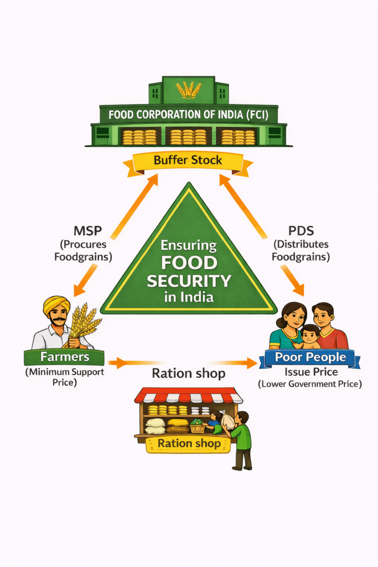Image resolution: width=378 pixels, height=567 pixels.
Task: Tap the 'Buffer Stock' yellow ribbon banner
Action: pyautogui.click(x=188, y=161)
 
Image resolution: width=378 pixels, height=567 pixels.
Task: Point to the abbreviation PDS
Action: pyautogui.click(x=300, y=230)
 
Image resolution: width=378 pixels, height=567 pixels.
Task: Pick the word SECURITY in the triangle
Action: pyautogui.click(x=189, y=281)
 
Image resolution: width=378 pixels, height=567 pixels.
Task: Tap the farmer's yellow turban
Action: pyautogui.click(x=57, y=303)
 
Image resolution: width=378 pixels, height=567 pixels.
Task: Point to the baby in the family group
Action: pyautogui.click(x=310, y=334)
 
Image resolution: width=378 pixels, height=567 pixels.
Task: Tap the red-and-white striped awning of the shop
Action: pyautogui.click(x=188, y=396)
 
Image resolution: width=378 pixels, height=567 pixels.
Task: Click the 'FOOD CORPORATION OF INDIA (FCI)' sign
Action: pyautogui.click(x=188, y=115)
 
